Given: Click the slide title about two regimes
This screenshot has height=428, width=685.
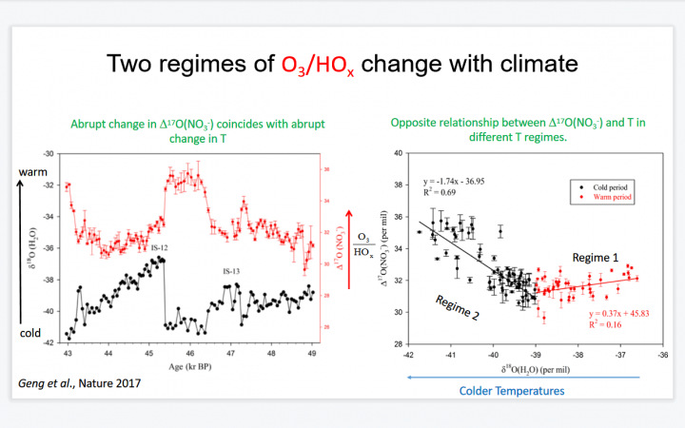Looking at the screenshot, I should pyautogui.click(x=342, y=65).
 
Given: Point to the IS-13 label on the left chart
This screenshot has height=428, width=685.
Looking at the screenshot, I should pyautogui.click(x=232, y=271).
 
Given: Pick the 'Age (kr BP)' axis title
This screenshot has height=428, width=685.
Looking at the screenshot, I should pyautogui.click(x=191, y=366).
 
